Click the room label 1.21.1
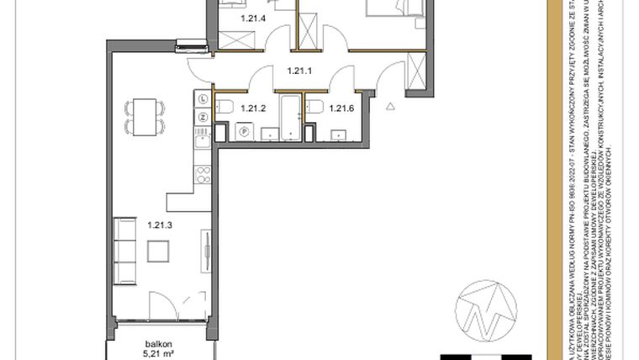click(x=300, y=72)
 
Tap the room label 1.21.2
click(x=253, y=108)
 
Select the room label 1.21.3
click(x=159, y=225)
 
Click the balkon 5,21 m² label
click(x=159, y=348)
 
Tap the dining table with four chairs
click(x=140, y=116)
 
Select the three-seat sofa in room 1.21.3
click(x=125, y=251)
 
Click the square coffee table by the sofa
click(x=158, y=251)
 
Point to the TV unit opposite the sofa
click(x=206, y=251)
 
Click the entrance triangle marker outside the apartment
click(x=390, y=106)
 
